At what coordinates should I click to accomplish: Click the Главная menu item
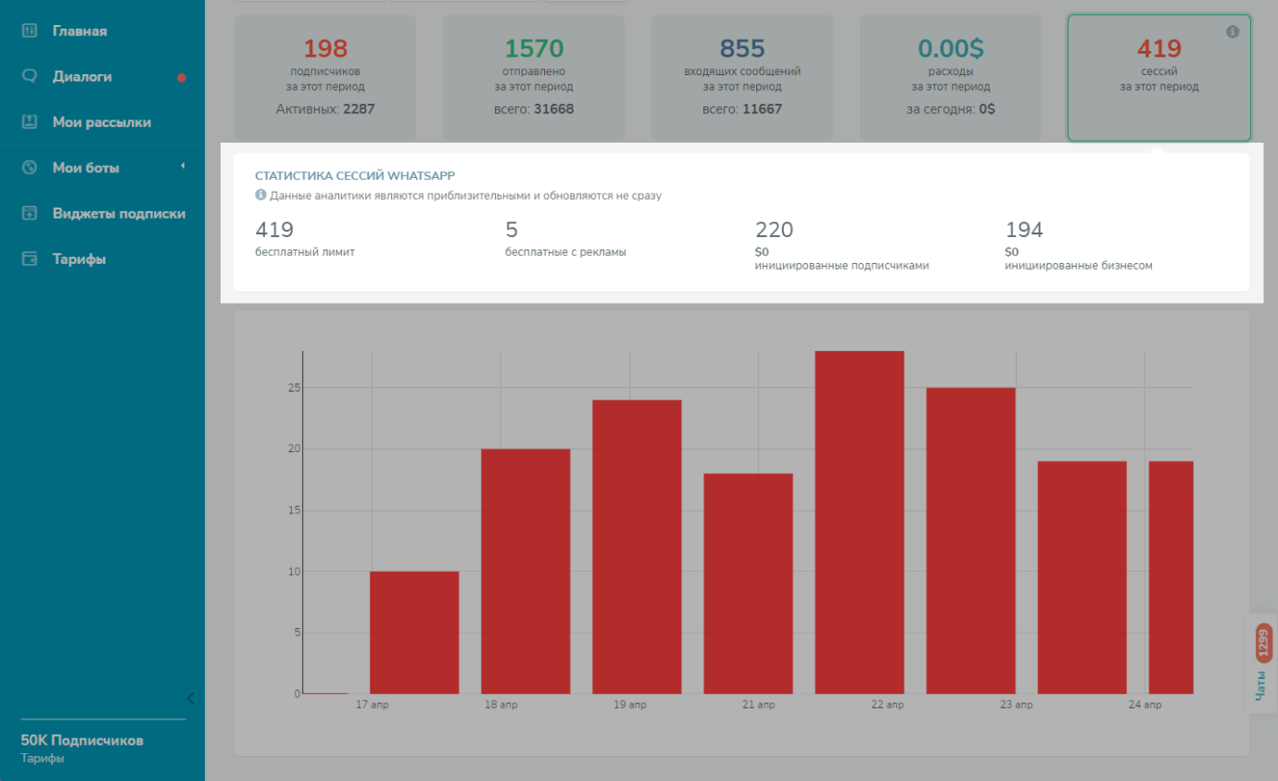79,31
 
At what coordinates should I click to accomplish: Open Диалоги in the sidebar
82,77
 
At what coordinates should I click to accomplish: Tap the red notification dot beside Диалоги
182,78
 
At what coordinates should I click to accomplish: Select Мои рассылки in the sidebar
101,122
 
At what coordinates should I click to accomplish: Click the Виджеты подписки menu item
119,214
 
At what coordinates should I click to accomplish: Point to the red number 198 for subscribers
325,48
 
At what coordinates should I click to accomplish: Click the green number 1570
534,48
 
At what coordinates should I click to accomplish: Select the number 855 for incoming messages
742,48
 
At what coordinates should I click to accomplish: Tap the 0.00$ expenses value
951,48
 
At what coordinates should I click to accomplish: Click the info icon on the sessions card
1233,31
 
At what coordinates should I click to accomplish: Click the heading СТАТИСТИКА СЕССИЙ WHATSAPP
355,175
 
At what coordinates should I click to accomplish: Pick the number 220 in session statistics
774,230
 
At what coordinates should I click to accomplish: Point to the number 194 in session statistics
1024,230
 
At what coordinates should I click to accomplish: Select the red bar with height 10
414,633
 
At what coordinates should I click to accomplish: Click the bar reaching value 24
637,547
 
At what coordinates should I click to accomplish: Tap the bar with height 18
748,584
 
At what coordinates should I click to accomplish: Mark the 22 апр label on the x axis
887,705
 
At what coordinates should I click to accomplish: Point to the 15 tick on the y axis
294,510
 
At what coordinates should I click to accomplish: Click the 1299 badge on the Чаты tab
1263,641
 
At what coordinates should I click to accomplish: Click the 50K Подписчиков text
82,741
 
